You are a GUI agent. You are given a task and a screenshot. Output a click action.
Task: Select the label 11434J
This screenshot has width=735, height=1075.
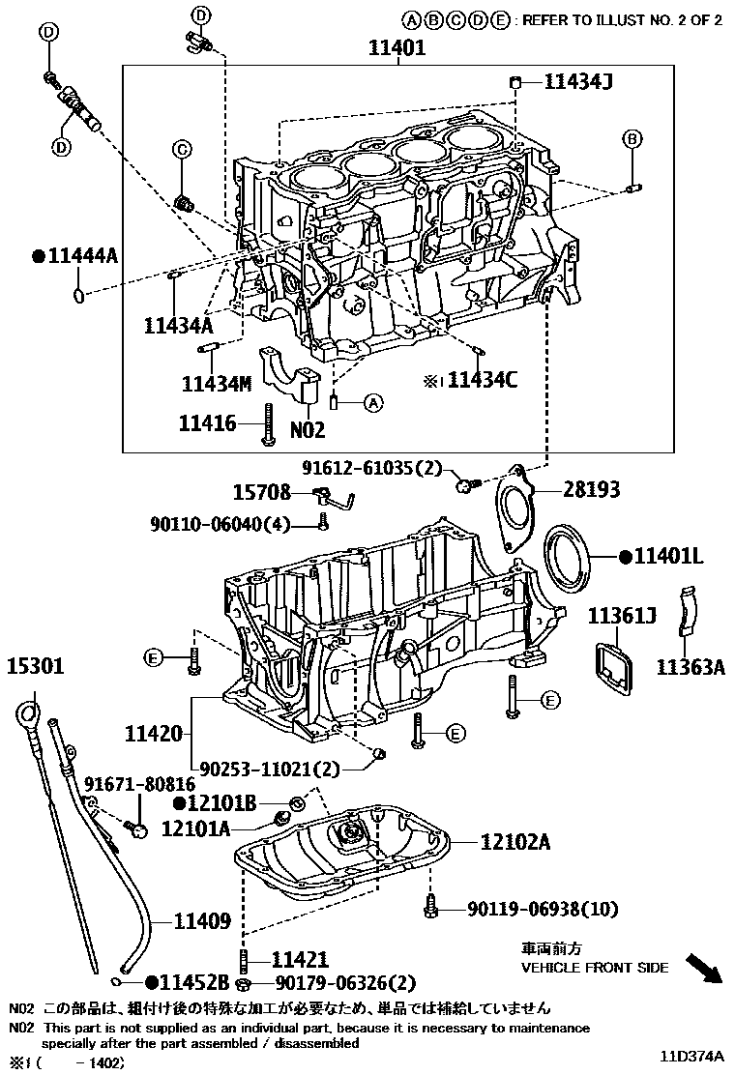(x=577, y=83)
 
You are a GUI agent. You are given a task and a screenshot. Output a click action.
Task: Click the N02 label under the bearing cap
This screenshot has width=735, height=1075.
(x=308, y=429)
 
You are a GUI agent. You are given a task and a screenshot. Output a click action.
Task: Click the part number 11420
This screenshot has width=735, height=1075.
(x=152, y=735)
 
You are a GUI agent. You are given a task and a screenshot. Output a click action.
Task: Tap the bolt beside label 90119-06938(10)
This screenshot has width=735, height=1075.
(x=431, y=909)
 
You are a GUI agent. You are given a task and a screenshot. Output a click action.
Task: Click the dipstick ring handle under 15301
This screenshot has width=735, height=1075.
(x=28, y=716)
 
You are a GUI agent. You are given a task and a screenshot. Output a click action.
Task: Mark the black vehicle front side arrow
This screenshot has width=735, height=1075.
(x=704, y=967)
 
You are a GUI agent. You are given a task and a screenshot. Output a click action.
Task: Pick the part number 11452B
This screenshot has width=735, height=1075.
(x=193, y=983)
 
